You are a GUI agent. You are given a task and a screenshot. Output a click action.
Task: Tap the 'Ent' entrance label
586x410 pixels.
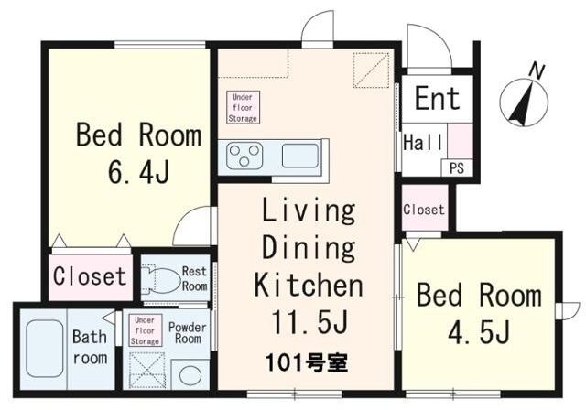coord(437,98)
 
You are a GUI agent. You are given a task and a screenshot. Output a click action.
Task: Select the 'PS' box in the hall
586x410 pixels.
coord(455,168)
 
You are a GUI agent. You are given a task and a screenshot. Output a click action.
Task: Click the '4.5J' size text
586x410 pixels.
coord(478,329)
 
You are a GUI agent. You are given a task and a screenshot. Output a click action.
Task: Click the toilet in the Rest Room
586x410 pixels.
coord(161,278)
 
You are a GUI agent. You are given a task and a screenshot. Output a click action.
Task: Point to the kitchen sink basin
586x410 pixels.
coord(299,156)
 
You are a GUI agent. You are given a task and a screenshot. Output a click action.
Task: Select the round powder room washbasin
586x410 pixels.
coord(190,374)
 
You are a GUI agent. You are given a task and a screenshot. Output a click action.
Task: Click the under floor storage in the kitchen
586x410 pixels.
coord(243,107)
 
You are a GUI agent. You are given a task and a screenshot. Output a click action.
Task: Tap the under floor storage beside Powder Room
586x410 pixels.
coord(144,329)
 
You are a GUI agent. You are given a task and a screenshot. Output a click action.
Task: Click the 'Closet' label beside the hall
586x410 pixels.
coord(424,210)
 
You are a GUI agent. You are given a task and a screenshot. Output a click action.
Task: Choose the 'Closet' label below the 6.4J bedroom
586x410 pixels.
coord(90,275)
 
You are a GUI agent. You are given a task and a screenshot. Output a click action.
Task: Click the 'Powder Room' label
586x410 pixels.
coord(189,332)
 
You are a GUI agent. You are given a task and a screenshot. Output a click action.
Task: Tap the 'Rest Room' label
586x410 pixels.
coord(194,277)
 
